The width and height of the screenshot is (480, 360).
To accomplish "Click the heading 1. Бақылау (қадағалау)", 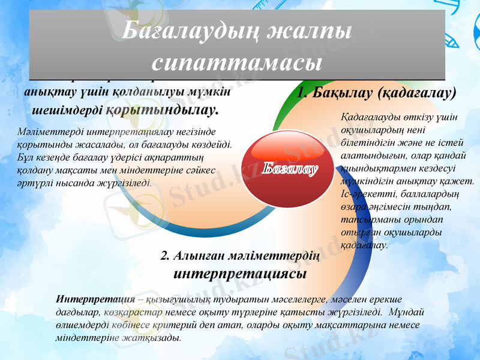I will pyautogui.click(x=377, y=93).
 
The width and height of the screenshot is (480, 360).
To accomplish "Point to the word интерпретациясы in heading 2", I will pyautogui.click(x=240, y=274).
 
